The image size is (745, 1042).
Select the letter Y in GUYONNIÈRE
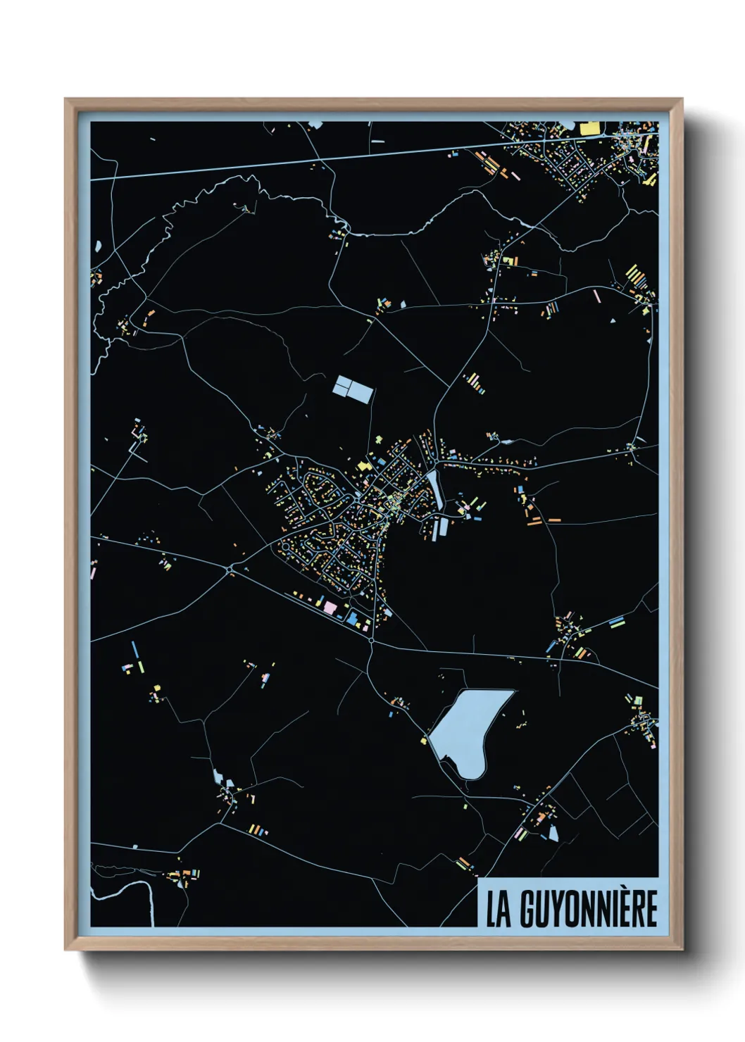click(x=548, y=909)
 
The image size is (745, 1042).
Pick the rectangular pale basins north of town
click(x=352, y=389)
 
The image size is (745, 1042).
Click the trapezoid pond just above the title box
click(x=553, y=834)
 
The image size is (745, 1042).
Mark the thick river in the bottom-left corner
click(x=150, y=902)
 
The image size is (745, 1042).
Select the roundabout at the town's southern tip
click(x=371, y=641)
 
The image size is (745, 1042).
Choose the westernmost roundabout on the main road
click(x=230, y=568)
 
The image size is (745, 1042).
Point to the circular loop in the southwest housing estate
click(x=286, y=546)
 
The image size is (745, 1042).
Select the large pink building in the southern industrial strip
click(x=330, y=605)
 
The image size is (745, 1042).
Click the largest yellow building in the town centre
click(x=364, y=466)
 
